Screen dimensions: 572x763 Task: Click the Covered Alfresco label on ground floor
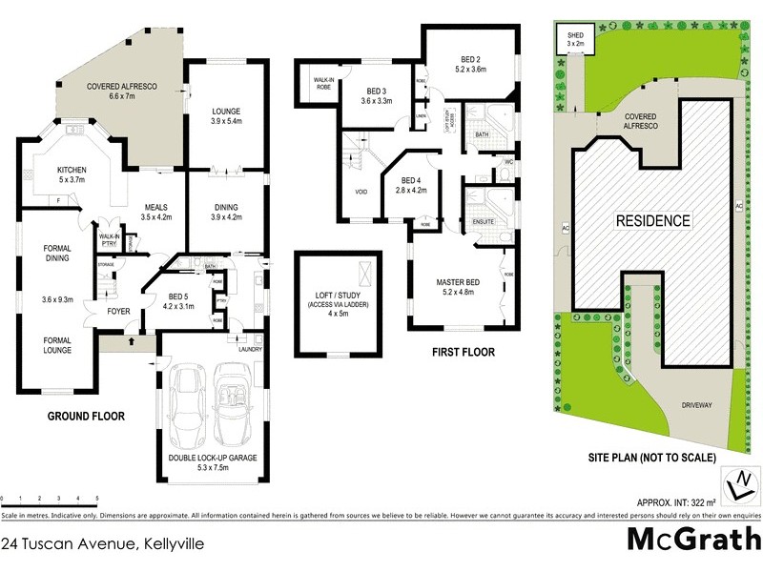point(121,92)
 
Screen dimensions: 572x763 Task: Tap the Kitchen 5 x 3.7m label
point(58,174)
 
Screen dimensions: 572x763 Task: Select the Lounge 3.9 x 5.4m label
point(225,117)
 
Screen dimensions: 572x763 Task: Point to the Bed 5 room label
point(177,301)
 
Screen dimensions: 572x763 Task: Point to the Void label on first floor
point(361,193)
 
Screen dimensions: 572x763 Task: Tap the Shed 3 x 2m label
point(574,39)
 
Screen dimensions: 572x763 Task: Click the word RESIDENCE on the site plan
point(651,220)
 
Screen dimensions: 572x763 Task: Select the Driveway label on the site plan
point(696,405)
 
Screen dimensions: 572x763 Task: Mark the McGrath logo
point(691,540)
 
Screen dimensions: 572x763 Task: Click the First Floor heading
point(464,352)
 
